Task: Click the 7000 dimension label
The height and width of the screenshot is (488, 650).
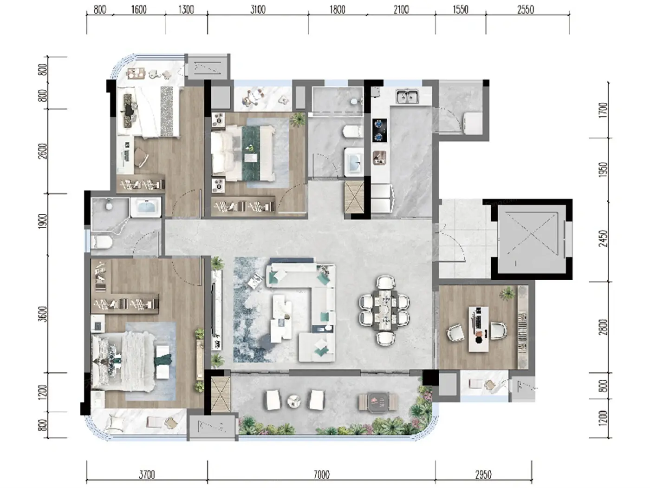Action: (x=321, y=475)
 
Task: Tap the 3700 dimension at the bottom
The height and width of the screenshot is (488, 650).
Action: (x=147, y=475)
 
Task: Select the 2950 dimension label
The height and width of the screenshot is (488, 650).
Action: (x=483, y=475)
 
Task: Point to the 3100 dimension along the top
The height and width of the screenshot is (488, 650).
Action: (x=258, y=10)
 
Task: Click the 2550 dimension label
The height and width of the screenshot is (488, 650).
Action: (x=526, y=10)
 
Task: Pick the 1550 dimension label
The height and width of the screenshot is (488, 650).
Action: (x=461, y=10)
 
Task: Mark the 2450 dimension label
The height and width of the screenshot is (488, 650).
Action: (x=603, y=238)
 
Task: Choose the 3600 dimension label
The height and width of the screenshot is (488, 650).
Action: (x=43, y=314)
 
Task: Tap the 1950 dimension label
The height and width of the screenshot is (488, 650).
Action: (x=603, y=170)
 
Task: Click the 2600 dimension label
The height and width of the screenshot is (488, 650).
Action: (x=43, y=151)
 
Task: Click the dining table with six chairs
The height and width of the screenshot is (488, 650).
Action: (x=384, y=310)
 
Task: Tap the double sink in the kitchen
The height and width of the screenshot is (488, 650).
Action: (x=408, y=97)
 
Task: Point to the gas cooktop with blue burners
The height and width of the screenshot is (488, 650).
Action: (x=380, y=130)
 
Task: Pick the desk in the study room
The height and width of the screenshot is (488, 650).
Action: (x=478, y=329)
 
